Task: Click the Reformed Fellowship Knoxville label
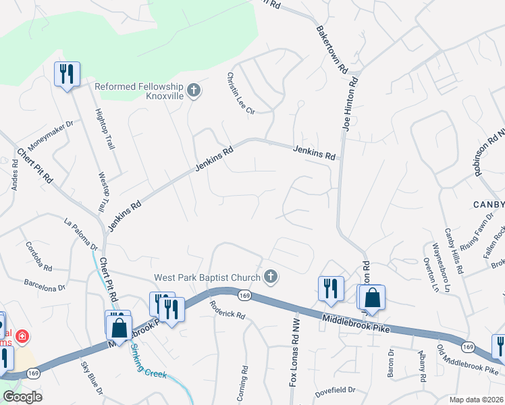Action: point(139,91)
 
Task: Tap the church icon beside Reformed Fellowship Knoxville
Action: point(194,90)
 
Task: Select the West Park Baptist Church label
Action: point(207,277)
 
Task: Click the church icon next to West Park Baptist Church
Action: point(271,277)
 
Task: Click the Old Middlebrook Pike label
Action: point(469,358)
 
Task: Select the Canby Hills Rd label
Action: point(452,250)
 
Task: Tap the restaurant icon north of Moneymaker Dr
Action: point(67,74)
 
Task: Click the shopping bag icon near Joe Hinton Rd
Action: point(371,297)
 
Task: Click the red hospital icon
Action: point(22,335)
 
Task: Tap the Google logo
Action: point(22,397)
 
